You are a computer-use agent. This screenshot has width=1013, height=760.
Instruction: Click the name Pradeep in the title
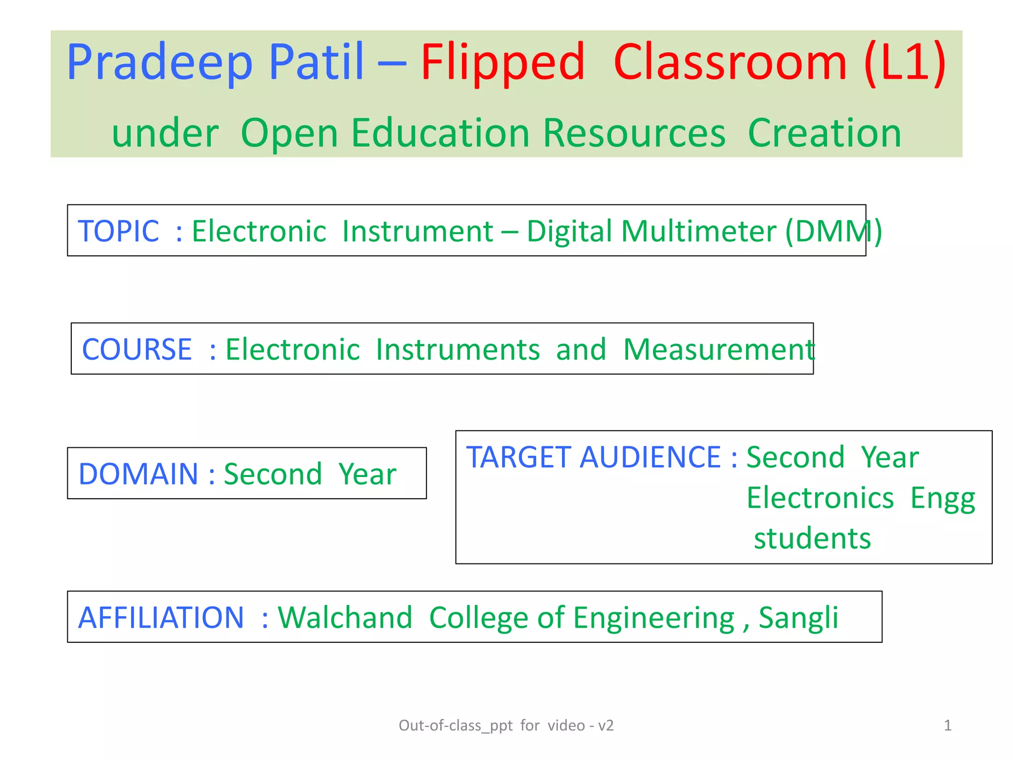click(x=159, y=63)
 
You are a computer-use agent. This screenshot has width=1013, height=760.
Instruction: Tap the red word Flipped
click(x=503, y=63)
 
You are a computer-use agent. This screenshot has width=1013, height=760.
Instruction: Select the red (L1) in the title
click(x=905, y=63)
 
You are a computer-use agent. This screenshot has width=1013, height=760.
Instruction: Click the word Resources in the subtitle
click(x=634, y=133)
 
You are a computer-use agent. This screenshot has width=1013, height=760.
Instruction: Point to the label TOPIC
click(x=119, y=231)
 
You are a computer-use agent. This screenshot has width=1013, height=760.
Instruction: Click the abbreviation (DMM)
click(x=833, y=231)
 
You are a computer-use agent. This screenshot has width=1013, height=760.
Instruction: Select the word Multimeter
click(x=699, y=231)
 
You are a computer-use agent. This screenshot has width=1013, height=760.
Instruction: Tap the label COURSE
click(x=137, y=349)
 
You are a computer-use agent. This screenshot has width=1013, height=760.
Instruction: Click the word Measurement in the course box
click(x=718, y=349)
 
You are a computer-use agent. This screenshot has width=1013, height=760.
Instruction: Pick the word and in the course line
click(x=581, y=349)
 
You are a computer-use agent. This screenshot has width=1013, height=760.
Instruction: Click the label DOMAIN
click(x=138, y=474)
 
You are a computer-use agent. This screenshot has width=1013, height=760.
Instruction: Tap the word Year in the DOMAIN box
click(x=368, y=474)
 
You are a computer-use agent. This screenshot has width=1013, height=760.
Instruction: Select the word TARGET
click(x=519, y=457)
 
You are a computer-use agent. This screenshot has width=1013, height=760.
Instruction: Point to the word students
click(x=812, y=538)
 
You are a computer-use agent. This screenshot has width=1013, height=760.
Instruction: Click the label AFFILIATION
click(x=161, y=617)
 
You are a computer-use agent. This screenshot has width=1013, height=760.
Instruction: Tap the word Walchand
click(x=345, y=617)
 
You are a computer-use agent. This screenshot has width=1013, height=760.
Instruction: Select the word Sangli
click(x=798, y=617)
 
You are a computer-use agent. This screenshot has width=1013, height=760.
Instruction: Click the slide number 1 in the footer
click(x=947, y=725)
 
